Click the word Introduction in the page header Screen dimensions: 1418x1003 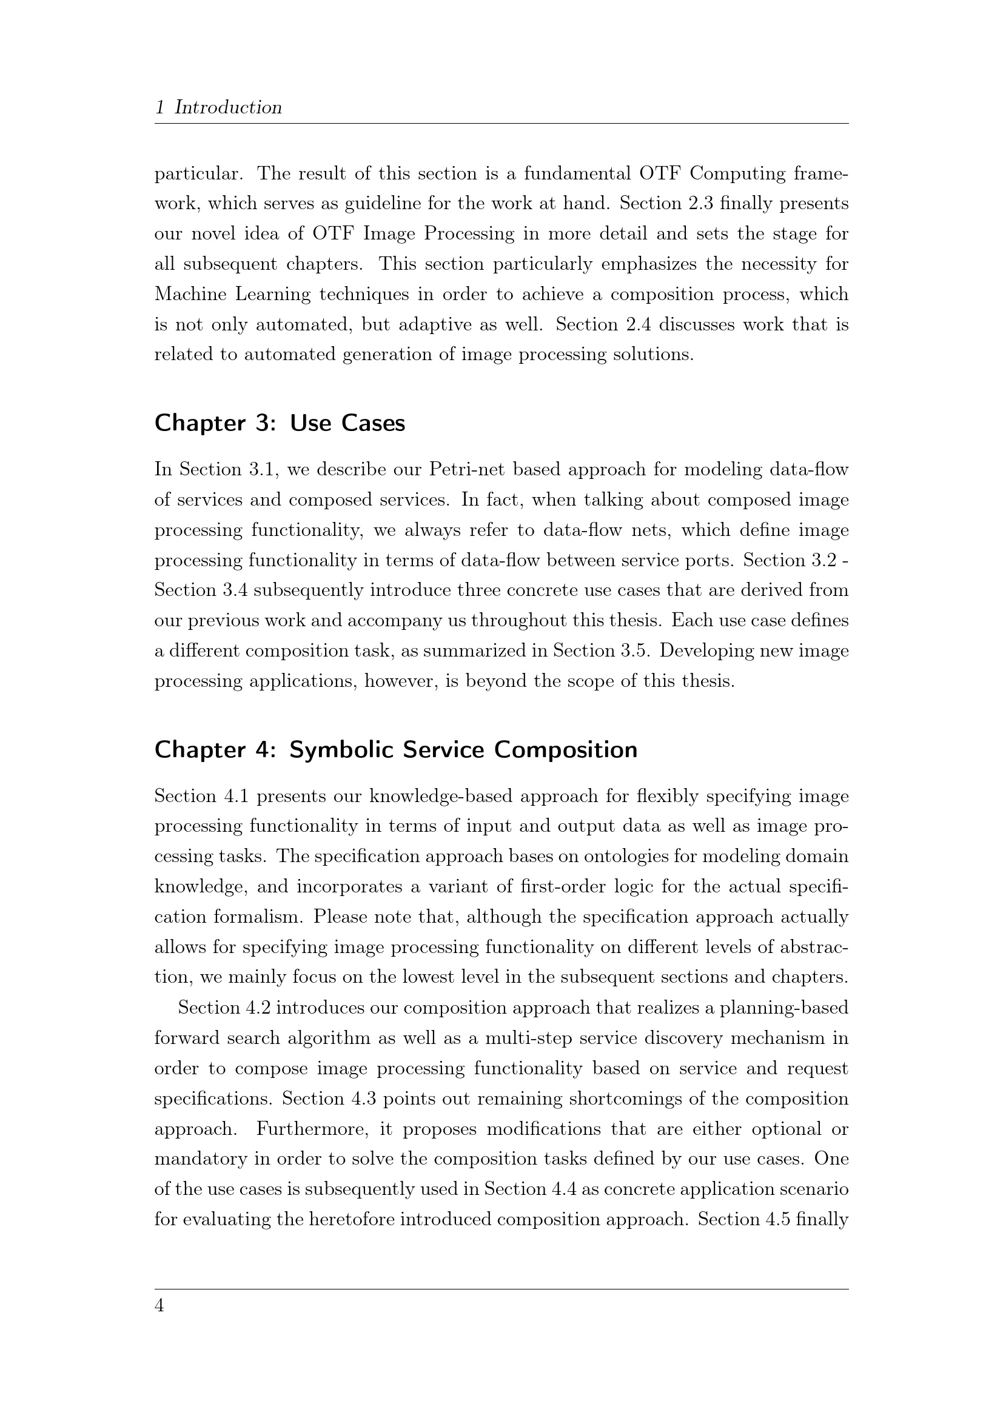pyautogui.click(x=228, y=107)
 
